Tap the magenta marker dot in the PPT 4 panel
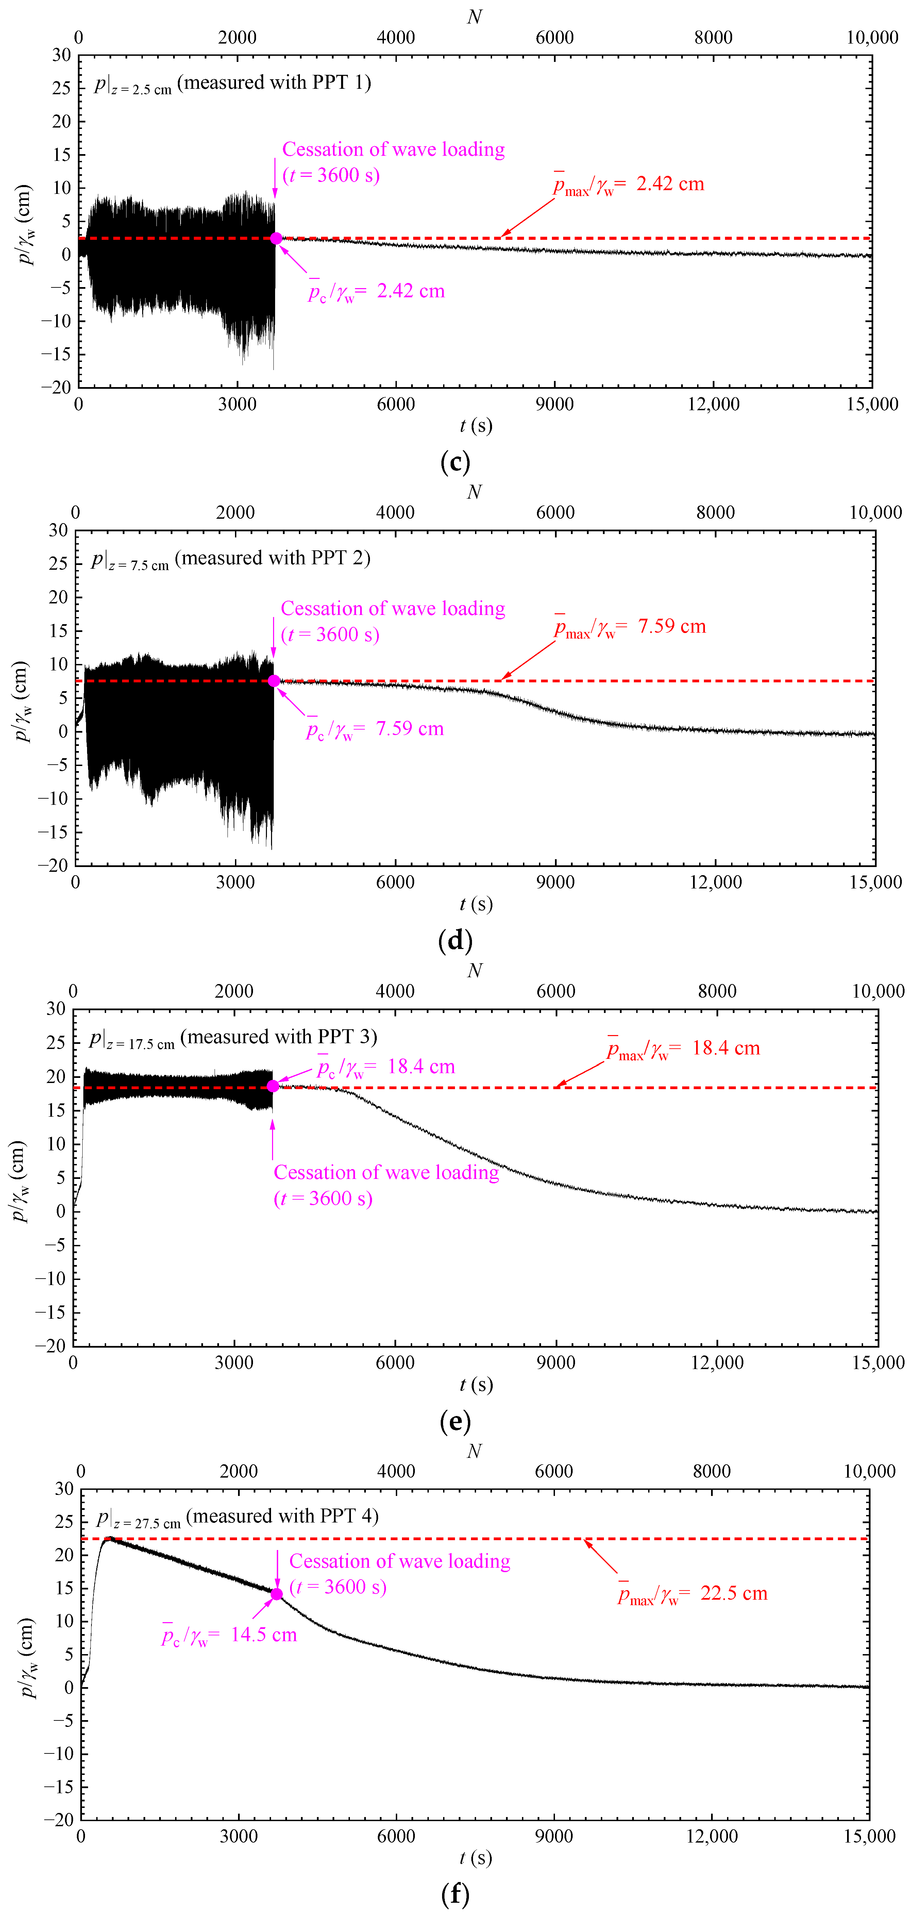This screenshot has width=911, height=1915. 276,1594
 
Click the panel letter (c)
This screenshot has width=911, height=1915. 455,462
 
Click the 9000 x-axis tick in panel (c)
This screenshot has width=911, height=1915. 554,404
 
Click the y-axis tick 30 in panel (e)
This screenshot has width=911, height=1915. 56,1009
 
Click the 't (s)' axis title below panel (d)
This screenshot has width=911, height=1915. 475,904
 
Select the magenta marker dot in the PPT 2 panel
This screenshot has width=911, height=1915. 274,681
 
